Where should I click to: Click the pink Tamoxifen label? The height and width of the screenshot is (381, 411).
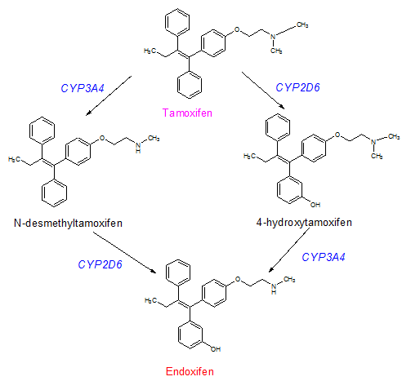pos(187,113)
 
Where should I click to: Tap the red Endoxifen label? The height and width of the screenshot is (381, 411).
pos(190,371)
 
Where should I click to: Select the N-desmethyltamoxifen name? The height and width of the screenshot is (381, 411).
pos(68,223)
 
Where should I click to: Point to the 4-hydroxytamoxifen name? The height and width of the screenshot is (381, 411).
pos(304,223)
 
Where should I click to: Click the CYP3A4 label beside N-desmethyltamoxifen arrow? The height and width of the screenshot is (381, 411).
pos(83,88)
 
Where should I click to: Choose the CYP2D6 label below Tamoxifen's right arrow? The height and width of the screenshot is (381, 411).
pos(297,87)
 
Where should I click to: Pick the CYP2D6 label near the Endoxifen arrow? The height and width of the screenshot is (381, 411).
pos(100,264)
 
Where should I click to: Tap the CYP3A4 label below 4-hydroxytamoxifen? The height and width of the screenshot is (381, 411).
pos(324,257)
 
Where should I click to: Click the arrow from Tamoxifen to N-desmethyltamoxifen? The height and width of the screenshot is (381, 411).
pos(109,95)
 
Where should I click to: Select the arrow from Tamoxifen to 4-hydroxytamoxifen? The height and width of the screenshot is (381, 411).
pos(263,91)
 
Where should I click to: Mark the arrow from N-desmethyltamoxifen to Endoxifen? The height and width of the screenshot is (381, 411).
pos(124,252)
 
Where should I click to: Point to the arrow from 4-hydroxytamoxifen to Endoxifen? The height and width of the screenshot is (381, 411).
pos(289,250)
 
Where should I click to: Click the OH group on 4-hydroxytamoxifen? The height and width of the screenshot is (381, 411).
pos(315,205)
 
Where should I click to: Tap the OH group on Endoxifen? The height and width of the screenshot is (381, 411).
pos(216,349)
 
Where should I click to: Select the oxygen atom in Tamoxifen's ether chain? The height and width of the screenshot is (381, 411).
pos(237,29)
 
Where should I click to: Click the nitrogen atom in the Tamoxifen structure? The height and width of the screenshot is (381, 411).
pos(274,37)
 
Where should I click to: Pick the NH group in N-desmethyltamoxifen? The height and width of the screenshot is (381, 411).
pos(138,147)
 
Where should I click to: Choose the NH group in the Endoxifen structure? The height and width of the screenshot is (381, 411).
pos(274,289)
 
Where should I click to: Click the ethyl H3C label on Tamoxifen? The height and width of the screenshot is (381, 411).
pos(150,51)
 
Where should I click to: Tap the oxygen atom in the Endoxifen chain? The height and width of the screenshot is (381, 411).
pos(238,279)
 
